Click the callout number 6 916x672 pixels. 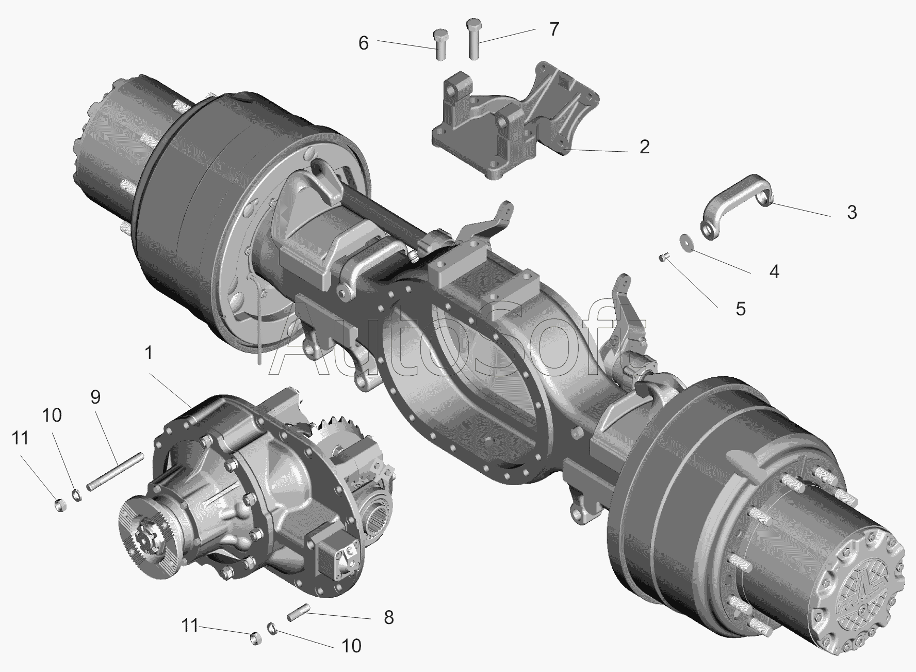tap(364, 43)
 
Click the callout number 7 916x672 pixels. tap(554, 29)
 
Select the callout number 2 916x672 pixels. tap(644, 147)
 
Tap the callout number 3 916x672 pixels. tap(852, 212)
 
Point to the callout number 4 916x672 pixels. tap(774, 271)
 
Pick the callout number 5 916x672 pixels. tap(741, 309)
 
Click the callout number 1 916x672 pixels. tap(149, 354)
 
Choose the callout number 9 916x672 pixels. tap(95, 397)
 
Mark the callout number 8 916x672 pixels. tap(389, 617)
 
